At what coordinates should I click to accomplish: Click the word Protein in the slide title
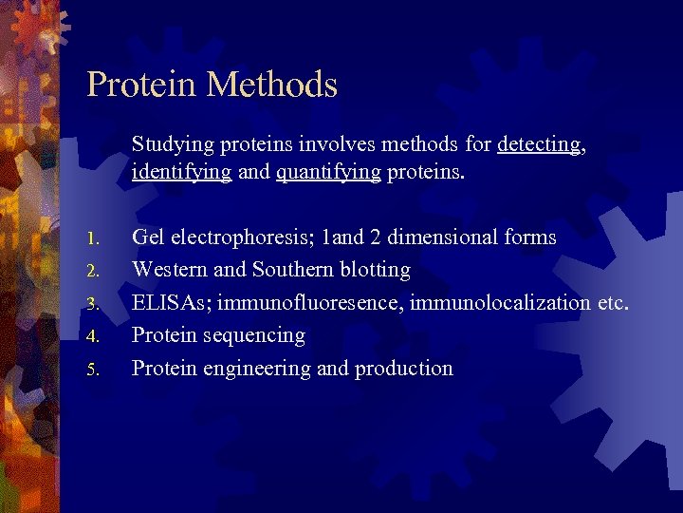[x=143, y=85]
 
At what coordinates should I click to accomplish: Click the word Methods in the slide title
[x=273, y=85]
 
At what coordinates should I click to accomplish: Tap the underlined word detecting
[x=538, y=144]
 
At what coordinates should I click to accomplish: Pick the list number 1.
[x=91, y=238]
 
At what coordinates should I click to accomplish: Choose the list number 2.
[x=91, y=271]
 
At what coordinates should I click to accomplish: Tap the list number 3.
[x=91, y=304]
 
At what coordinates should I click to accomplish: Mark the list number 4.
[x=91, y=336]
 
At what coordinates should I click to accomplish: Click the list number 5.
[x=91, y=370]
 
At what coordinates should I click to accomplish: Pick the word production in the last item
[x=403, y=369]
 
